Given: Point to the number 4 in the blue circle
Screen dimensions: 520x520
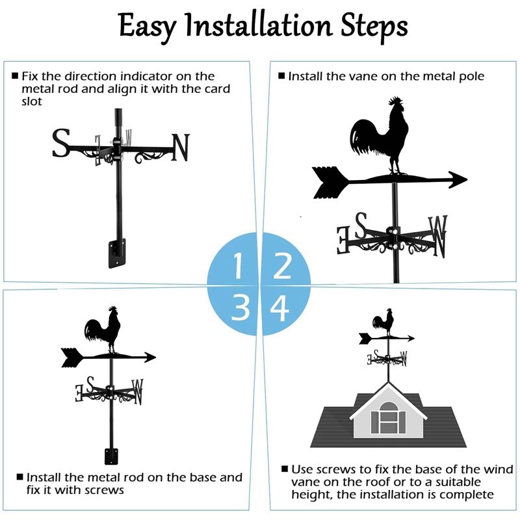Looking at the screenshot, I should (280, 307).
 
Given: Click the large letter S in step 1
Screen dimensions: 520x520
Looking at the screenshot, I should (61, 144).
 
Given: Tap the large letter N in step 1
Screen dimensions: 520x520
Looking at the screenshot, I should (180, 148).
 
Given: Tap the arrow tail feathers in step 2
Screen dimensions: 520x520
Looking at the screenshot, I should (328, 182).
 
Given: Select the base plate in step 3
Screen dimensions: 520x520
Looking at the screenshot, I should (109, 457).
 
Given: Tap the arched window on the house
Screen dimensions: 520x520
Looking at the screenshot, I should (387, 417).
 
